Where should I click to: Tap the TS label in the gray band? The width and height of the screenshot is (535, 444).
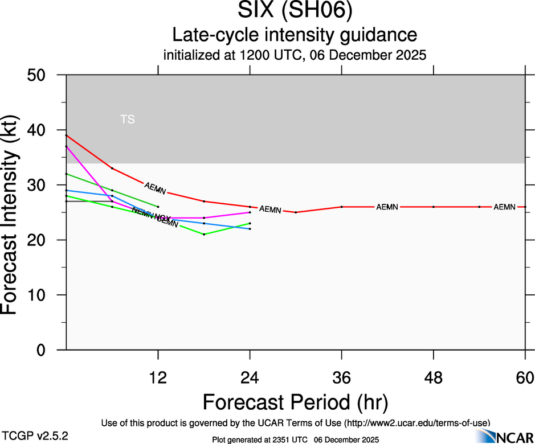[128, 120]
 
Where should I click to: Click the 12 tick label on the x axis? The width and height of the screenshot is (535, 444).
[158, 377]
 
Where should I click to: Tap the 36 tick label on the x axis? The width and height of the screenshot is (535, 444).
[342, 377]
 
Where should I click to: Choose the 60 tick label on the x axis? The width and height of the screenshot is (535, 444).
[525, 377]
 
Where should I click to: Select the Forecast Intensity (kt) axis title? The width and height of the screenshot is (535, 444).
[14, 212]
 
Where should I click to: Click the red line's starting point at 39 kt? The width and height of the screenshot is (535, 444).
[67, 135]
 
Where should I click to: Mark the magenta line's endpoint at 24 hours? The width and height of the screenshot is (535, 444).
[250, 212]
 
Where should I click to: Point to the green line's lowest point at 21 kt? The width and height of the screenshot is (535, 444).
[204, 235]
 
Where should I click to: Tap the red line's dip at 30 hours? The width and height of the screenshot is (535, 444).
[296, 212]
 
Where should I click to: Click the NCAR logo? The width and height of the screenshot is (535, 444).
[504, 436]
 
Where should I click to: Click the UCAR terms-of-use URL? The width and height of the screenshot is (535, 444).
[415, 423]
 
